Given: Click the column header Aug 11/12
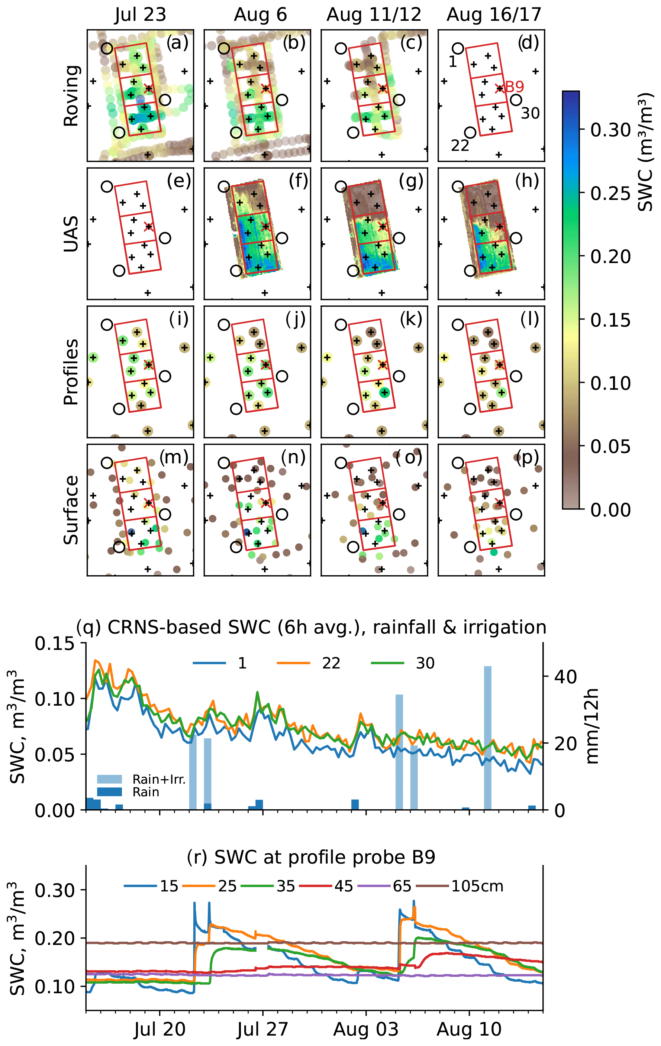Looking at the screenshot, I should [374, 15].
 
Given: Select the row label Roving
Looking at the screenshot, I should [71, 95].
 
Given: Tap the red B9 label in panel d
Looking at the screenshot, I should [514, 87].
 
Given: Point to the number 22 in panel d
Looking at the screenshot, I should [460, 146].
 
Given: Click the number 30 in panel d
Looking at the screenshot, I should [530, 113].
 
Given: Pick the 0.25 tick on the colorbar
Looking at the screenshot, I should [610, 193].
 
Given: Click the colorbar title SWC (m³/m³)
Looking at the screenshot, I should [646, 152].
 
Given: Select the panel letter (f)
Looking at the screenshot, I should [298, 180].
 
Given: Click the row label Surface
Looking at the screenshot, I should [71, 509].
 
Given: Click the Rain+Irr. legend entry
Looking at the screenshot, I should [159, 779].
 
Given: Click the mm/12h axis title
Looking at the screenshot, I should [592, 726].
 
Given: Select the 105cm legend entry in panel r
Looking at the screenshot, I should [477, 886].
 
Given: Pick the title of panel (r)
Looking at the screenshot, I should [311, 857].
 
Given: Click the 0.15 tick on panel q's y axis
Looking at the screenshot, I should [55, 644].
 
